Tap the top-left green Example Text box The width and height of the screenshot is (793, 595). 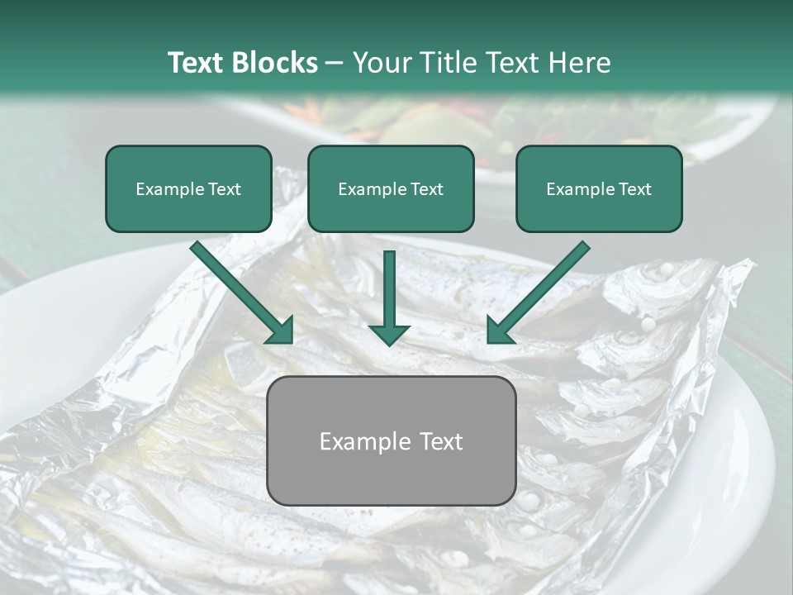[188, 188]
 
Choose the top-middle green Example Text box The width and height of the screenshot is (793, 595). [391, 188]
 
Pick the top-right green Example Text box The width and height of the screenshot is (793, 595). [599, 188]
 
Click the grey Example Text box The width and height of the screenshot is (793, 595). [391, 440]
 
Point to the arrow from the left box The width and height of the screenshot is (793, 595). [240, 291]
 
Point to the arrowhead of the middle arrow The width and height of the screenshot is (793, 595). [389, 333]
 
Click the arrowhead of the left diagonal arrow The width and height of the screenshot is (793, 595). [281, 331]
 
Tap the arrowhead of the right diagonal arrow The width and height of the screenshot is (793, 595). [500, 331]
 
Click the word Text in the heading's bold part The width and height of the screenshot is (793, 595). [196, 63]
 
